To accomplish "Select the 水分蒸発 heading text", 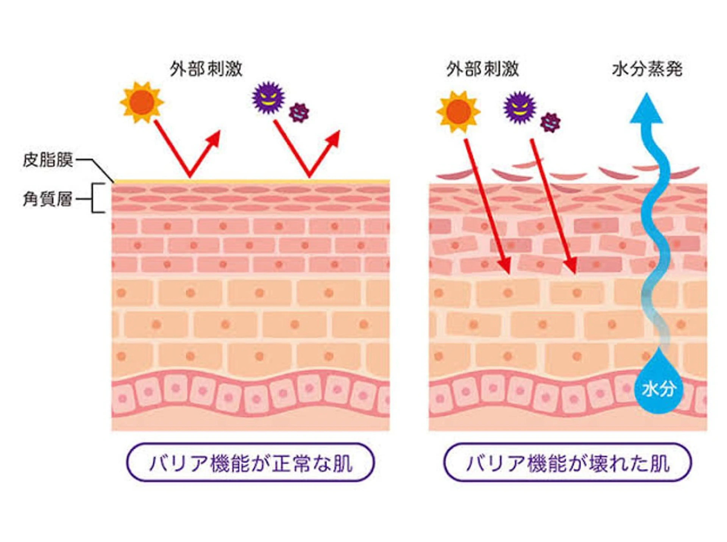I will [x=647, y=69].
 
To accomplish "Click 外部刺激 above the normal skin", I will [x=206, y=69].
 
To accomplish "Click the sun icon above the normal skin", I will [x=142, y=102].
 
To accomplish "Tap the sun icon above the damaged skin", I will [x=458, y=112].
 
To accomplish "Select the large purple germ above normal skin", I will [x=268, y=97].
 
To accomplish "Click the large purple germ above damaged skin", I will [x=519, y=107].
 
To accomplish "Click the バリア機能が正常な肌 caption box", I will [x=250, y=463].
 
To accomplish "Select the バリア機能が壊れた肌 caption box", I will [x=568, y=463].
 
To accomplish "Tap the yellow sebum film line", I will [x=251, y=181].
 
